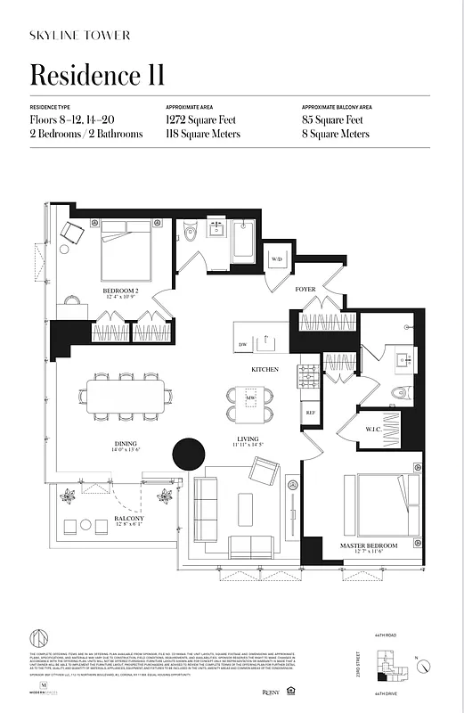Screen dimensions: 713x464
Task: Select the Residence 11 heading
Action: pos(97,74)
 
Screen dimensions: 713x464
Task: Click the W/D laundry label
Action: pos(276,259)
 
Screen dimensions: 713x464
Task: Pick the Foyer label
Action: pos(305,290)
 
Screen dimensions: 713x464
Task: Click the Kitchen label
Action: pos(265,369)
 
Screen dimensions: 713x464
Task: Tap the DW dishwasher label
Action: pos(242,344)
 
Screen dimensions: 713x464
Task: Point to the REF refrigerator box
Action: pos(311,413)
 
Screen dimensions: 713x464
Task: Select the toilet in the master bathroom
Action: pos(400,391)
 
